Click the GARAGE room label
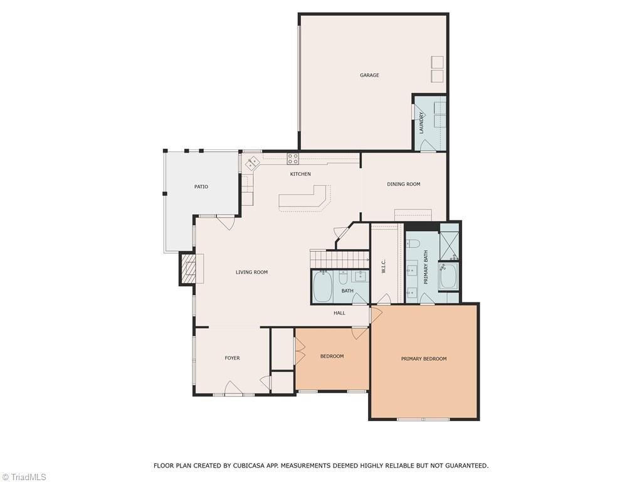(369, 75)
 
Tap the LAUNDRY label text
(422, 122)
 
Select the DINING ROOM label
(403, 184)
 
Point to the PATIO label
(201, 186)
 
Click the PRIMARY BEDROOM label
(424, 358)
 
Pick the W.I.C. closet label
(384, 267)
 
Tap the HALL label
(339, 313)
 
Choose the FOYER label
(232, 358)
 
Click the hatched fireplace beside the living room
(188, 269)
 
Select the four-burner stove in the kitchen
(293, 159)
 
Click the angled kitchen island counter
(305, 198)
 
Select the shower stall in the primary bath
(450, 247)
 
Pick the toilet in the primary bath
(413, 243)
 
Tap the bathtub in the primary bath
(449, 277)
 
